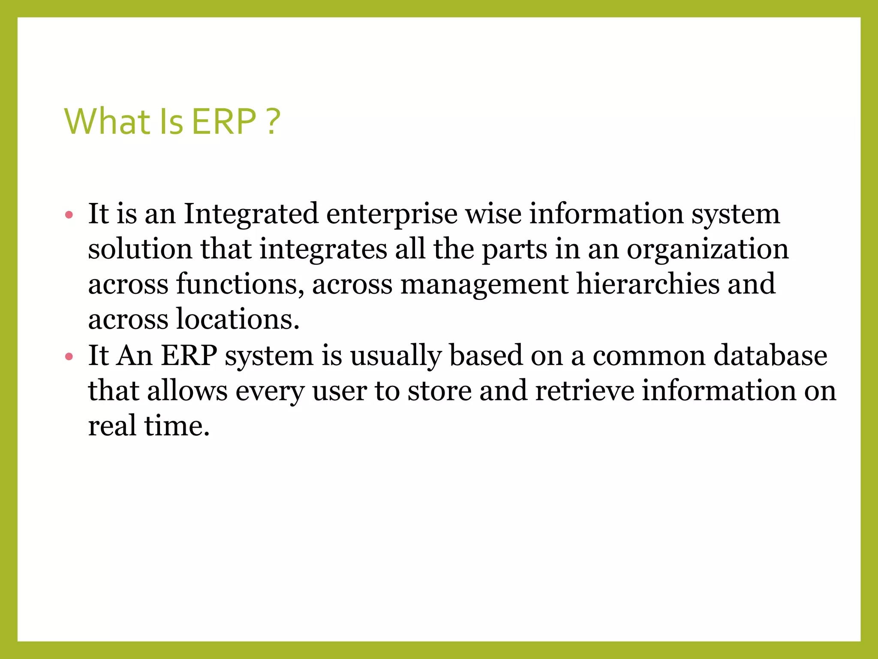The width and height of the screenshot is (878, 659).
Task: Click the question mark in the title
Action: pyautogui.click(x=273, y=121)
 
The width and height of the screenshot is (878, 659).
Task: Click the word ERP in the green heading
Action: pyautogui.click(x=223, y=121)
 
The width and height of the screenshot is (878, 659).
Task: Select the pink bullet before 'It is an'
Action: pyautogui.click(x=69, y=215)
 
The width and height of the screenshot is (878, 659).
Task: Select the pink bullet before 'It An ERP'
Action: pyautogui.click(x=69, y=357)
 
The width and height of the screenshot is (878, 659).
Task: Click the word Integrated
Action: pyautogui.click(x=251, y=214)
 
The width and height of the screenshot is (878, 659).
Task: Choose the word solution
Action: pyautogui.click(x=140, y=249)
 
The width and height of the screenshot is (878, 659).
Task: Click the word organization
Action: pyautogui.click(x=707, y=250)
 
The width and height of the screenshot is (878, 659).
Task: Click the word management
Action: pyautogui.click(x=484, y=285)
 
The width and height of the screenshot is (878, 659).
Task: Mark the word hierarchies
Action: pyautogui.click(x=647, y=284)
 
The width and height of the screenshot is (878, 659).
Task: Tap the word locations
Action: pyautogui.click(x=238, y=319)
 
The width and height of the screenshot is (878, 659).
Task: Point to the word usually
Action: pyautogui.click(x=396, y=356)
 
